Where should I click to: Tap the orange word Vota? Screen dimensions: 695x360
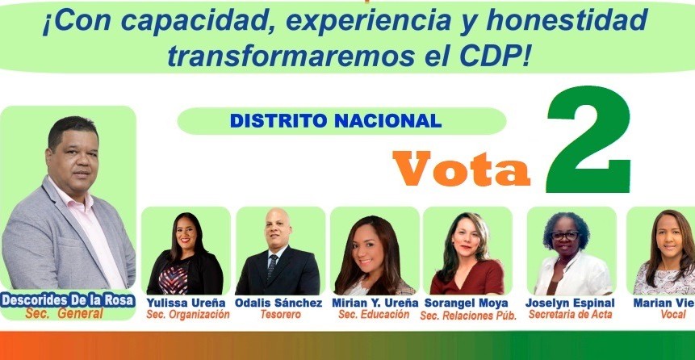(462, 169)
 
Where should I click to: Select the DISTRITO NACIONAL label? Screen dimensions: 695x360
(336, 120)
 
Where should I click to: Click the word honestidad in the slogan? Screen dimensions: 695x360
(567, 22)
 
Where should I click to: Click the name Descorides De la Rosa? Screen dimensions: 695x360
(67, 300)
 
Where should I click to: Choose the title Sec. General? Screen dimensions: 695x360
(65, 313)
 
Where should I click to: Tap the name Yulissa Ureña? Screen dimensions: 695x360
(186, 303)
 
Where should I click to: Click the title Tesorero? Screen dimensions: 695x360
(280, 314)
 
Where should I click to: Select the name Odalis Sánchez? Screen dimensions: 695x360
(278, 303)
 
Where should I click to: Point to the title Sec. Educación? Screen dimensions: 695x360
(374, 314)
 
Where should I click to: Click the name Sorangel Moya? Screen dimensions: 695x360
(467, 303)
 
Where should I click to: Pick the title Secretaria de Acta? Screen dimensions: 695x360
(571, 314)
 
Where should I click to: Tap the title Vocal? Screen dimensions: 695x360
(673, 314)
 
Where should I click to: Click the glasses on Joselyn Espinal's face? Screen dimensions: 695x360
(565, 236)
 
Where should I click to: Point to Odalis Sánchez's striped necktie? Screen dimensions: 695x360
(272, 266)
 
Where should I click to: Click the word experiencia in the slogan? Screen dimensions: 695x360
(369, 22)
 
